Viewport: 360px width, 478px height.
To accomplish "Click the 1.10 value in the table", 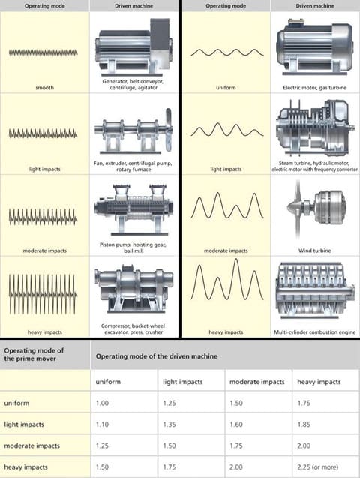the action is tap(102, 425).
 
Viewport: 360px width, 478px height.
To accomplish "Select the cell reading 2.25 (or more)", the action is tap(318, 467).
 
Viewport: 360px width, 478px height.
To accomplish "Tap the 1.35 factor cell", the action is tap(169, 425).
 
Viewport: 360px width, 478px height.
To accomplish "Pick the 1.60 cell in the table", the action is tap(236, 425).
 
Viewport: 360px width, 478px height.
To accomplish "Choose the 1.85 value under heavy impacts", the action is tap(304, 425).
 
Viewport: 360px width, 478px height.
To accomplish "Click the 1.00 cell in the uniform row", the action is tap(102, 403).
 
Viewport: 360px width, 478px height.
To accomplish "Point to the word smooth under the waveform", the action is tap(45, 88).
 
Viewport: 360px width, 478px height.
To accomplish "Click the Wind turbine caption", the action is tap(314, 251).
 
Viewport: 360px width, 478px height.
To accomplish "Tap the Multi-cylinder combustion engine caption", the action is tap(314, 332).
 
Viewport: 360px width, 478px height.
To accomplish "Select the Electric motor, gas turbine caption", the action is tap(314, 88).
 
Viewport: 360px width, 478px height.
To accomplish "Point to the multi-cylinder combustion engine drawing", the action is tap(315, 290).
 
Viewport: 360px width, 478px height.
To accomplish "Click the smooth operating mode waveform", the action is tap(43, 53).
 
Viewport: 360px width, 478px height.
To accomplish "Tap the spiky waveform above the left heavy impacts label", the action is tap(43, 294).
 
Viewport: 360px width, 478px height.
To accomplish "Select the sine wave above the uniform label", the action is tap(227, 53).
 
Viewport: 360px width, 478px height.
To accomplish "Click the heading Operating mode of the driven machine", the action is tap(157, 356).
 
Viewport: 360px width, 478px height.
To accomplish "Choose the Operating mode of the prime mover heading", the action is tap(34, 354).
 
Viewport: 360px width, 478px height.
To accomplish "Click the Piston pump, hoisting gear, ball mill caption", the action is tap(133, 248).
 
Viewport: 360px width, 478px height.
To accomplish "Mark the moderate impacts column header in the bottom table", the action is tap(257, 382).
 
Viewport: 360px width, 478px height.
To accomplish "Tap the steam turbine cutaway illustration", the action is tap(315, 128).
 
